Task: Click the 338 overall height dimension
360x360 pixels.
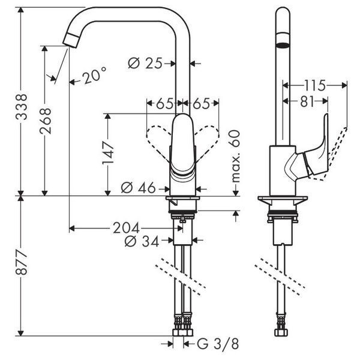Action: point(22,107)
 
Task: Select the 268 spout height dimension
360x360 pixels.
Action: point(45,121)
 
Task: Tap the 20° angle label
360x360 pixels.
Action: point(94,75)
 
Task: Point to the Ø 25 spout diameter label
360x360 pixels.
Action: point(145,63)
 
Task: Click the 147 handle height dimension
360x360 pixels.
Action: point(108,153)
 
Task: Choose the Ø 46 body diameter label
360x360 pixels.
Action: point(138,188)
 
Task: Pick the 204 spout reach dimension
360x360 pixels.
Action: point(126,228)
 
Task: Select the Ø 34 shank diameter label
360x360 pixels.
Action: point(142,241)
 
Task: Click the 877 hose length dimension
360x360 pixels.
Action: point(22,262)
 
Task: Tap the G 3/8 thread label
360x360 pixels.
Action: point(218,344)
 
